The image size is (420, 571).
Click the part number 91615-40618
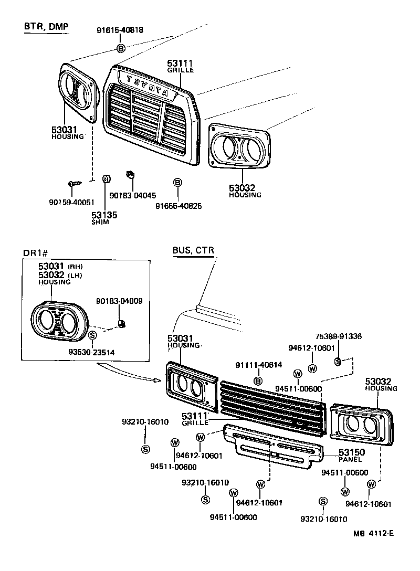tap(120, 30)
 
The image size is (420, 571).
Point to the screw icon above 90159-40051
tap(75, 184)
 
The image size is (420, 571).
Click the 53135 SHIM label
tap(104, 217)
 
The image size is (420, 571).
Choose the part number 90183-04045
tap(132, 195)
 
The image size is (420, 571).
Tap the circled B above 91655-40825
tap(177, 182)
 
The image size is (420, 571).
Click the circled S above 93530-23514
tap(92, 335)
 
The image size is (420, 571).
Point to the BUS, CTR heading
tap(193, 250)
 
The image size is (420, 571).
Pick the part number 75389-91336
tap(338, 336)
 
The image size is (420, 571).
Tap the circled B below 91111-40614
tap(258, 380)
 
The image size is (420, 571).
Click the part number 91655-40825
tap(178, 206)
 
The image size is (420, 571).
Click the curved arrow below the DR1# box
tap(131, 373)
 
